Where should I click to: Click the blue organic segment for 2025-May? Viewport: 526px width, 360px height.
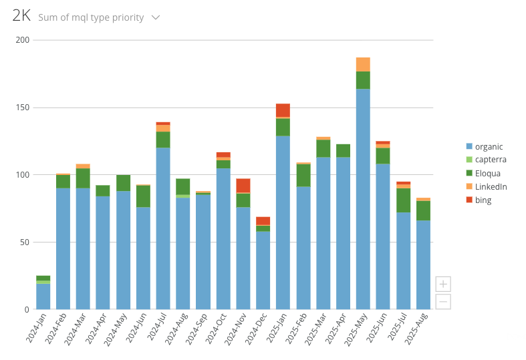click(363, 199)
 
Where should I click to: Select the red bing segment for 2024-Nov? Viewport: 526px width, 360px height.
click(243, 186)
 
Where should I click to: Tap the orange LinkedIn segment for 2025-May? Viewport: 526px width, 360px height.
click(363, 64)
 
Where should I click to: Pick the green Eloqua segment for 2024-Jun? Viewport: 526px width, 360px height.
click(143, 196)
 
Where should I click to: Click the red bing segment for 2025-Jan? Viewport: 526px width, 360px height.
click(283, 110)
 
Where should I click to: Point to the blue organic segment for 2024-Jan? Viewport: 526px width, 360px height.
click(43, 297)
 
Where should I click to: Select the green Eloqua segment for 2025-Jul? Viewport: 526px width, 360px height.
click(403, 200)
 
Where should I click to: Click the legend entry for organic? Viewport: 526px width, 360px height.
click(489, 146)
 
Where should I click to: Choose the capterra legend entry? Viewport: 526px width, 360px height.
click(490, 160)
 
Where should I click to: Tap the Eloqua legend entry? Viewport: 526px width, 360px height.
click(487, 173)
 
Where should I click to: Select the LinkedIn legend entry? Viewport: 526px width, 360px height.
click(491, 186)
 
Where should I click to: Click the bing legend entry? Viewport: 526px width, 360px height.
click(483, 200)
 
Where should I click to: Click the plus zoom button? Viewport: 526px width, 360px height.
click(442, 284)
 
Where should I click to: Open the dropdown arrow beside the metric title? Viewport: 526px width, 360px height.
click(156, 17)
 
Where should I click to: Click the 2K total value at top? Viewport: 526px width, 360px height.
click(21, 17)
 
